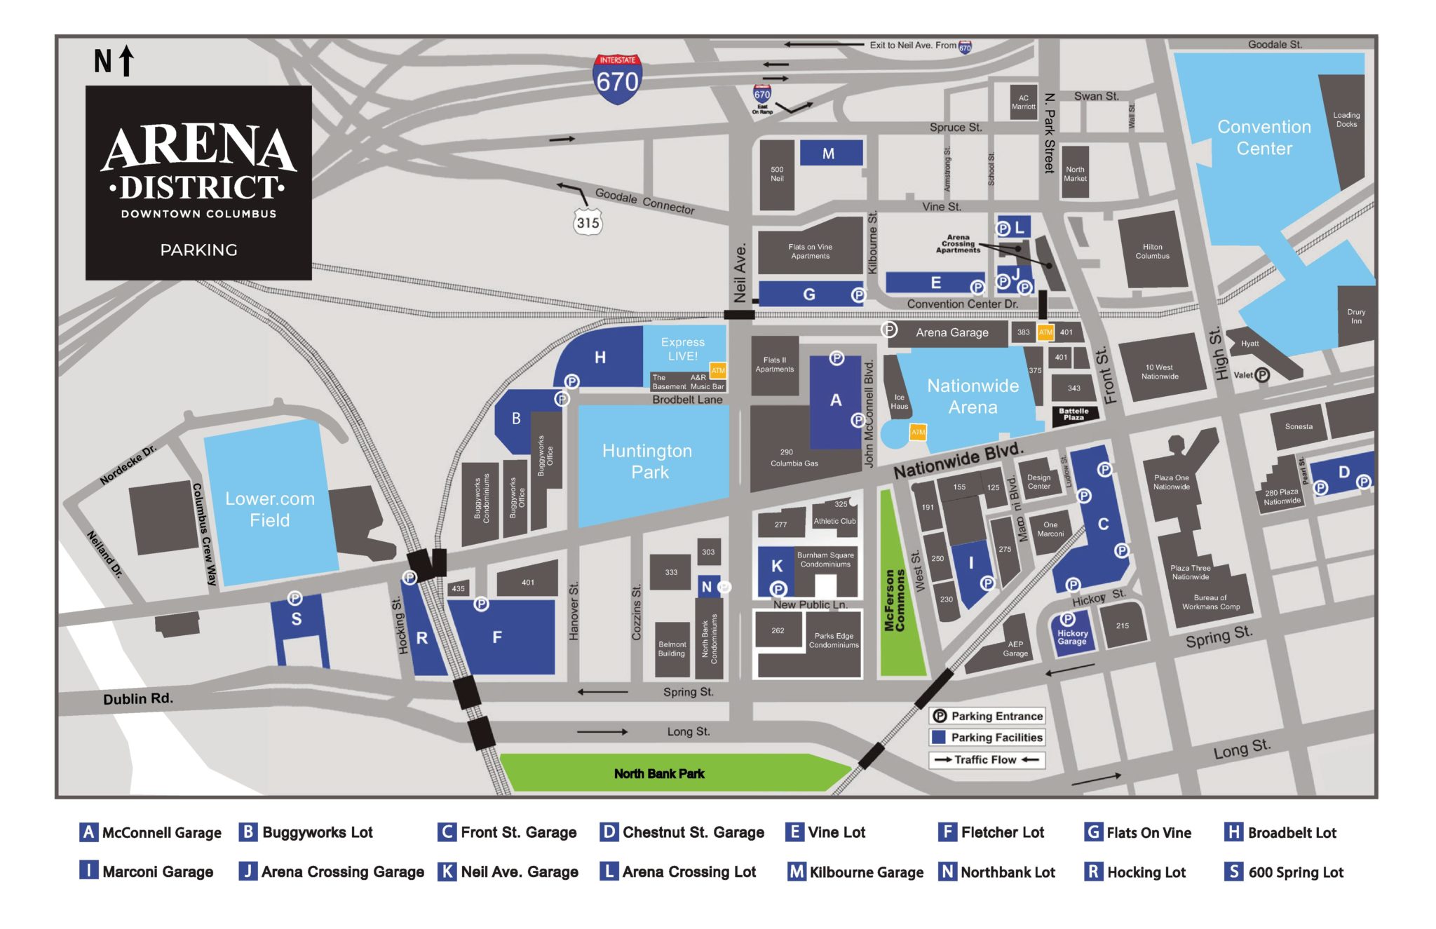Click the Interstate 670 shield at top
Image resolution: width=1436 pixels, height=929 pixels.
[617, 79]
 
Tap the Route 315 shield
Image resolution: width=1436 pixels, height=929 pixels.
[588, 222]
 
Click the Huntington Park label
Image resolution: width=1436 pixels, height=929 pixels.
[647, 461]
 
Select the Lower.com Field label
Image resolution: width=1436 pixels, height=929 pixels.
[270, 509]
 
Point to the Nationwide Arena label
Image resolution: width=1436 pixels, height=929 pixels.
[973, 396]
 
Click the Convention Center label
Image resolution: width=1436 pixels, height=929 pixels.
[1264, 137]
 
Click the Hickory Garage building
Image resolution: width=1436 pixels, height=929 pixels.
[1071, 635]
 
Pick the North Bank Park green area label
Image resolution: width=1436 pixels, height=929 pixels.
[659, 773]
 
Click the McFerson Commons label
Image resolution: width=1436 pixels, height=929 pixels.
[895, 600]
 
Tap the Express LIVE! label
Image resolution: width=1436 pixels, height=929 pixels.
[682, 348]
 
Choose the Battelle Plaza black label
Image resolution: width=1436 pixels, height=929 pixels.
[1073, 414]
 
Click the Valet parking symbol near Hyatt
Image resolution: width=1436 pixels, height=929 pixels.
[1261, 375]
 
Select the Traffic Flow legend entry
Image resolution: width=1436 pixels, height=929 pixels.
[987, 760]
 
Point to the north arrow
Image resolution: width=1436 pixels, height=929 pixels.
[126, 60]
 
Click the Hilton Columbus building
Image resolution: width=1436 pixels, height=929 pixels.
[1152, 251]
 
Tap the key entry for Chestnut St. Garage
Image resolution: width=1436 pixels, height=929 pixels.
[682, 832]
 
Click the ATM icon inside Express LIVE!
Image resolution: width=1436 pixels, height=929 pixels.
[718, 369]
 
